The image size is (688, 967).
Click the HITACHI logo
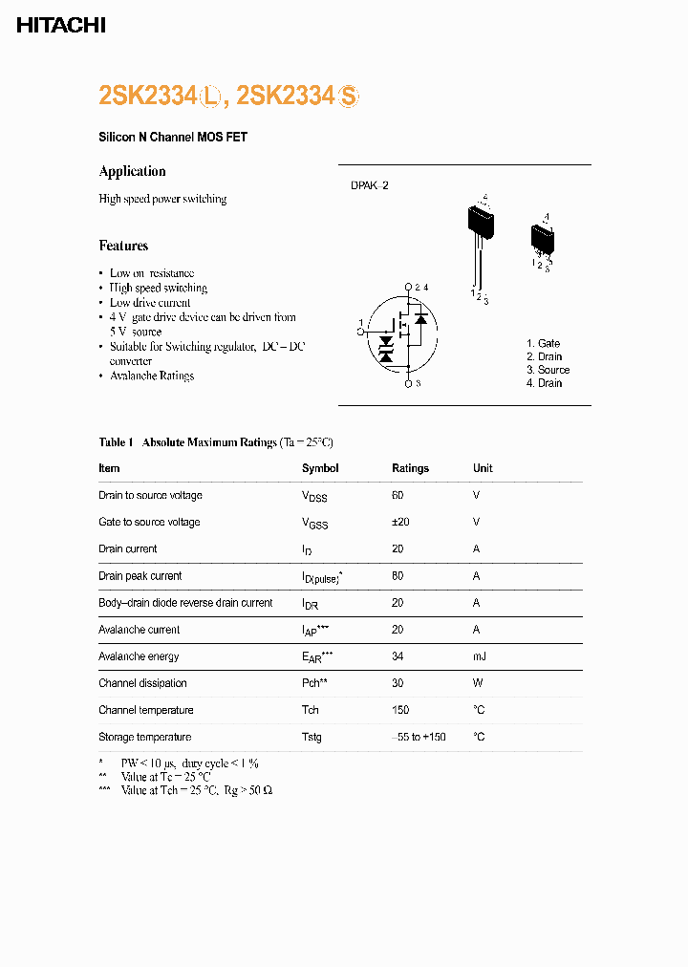click(61, 26)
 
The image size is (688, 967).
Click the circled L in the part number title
click(211, 96)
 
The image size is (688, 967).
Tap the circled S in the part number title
click(348, 96)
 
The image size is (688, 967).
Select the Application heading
click(132, 171)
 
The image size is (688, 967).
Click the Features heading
click(123, 246)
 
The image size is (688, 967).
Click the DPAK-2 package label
click(369, 185)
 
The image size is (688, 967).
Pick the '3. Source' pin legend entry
click(548, 370)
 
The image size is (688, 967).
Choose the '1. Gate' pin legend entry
click(543, 343)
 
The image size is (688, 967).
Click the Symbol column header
click(320, 468)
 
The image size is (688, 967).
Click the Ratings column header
click(410, 468)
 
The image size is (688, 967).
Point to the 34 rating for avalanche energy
click(398, 656)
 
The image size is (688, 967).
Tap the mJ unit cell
click(479, 656)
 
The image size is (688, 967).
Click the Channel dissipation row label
click(142, 683)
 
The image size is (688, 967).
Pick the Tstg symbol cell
click(312, 737)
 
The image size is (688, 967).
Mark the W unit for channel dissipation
click(477, 683)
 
